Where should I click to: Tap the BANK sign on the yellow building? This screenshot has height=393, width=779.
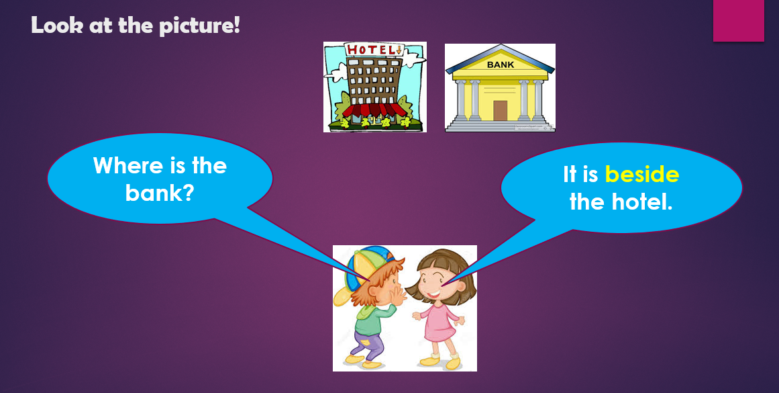pyautogui.click(x=500, y=65)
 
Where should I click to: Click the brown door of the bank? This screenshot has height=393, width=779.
pyautogui.click(x=500, y=110)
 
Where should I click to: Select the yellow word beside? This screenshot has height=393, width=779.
pyautogui.click(x=642, y=175)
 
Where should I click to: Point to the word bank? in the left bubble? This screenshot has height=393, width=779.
pyautogui.click(x=160, y=193)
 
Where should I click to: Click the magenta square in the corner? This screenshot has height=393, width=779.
pyautogui.click(x=738, y=21)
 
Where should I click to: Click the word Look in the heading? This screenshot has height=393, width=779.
pyautogui.click(x=54, y=26)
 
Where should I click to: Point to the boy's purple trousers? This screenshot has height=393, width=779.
pyautogui.click(x=368, y=343)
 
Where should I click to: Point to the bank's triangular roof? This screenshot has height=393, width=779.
pyautogui.click(x=500, y=54)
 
